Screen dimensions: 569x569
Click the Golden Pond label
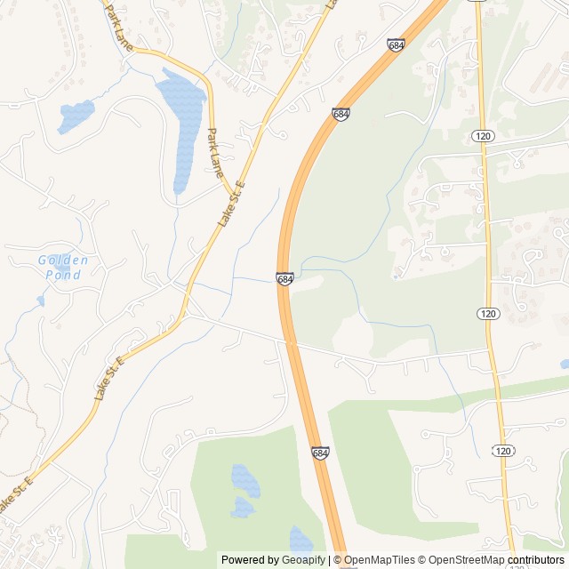coord(63,267)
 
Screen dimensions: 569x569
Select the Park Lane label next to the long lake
coord(213,151)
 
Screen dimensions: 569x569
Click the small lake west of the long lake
coord(76,115)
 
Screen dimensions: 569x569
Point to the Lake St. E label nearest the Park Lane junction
coord(232,202)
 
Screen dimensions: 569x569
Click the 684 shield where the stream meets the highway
coord(284,279)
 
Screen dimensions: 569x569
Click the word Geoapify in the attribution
coord(303,560)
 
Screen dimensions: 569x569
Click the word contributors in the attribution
coord(536,560)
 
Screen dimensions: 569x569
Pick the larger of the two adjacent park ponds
coord(244,481)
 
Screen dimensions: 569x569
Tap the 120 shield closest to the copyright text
coord(503,451)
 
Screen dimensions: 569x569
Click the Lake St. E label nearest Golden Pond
coord(112,373)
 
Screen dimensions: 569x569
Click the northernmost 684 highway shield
coord(397,44)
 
